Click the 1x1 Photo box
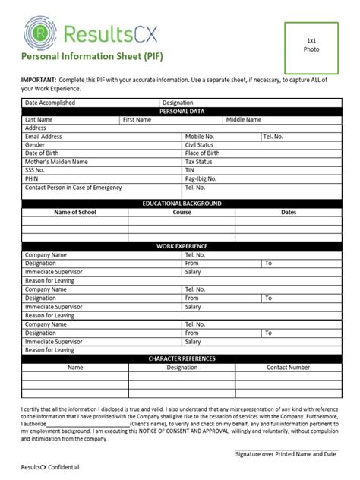[x=312, y=45]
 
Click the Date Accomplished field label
[x=51, y=103]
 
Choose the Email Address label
[x=43, y=136]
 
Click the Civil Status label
[x=201, y=144]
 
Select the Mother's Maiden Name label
[x=56, y=161]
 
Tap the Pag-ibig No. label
[x=203, y=178]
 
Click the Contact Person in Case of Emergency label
[x=73, y=187]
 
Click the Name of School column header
[x=74, y=212]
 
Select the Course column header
[x=182, y=212]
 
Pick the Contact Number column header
[x=288, y=367]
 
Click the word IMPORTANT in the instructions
[x=38, y=78]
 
